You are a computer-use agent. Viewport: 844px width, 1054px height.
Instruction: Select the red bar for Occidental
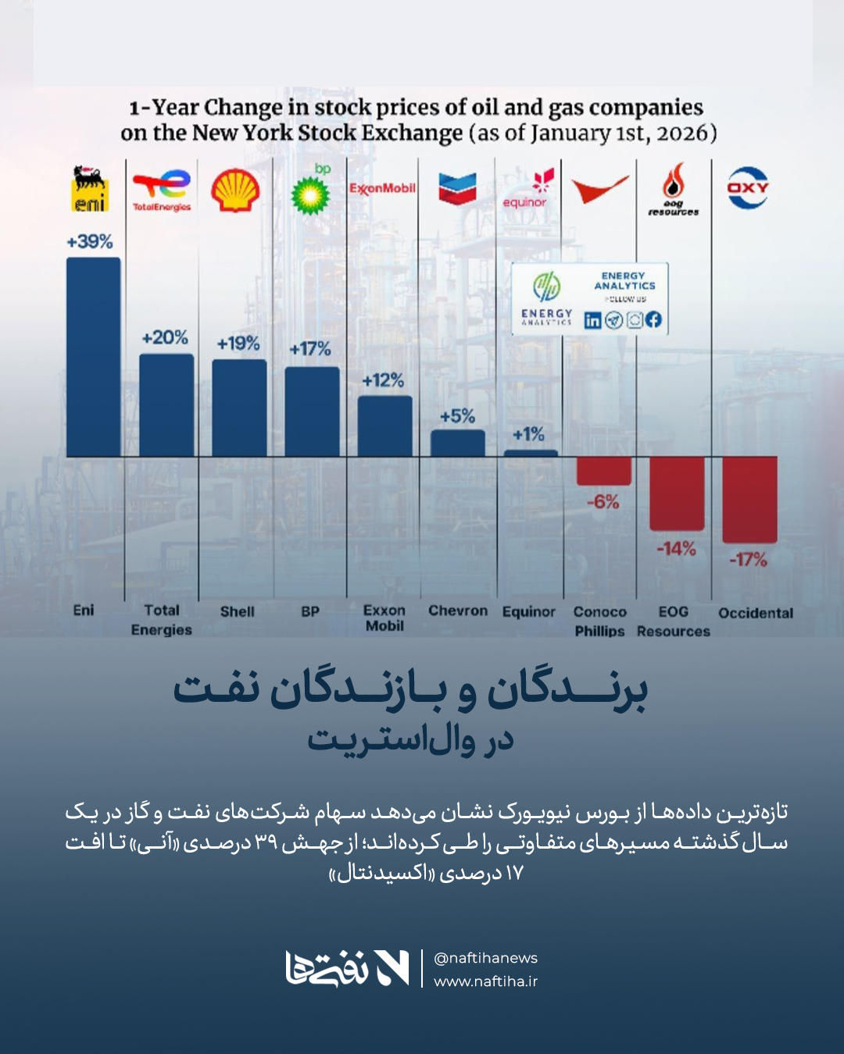(x=749, y=500)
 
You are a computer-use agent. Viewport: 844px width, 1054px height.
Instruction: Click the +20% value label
(x=165, y=338)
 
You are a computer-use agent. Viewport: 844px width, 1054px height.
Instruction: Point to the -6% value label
(x=603, y=502)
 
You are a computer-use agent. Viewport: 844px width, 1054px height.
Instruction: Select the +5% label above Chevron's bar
(x=457, y=416)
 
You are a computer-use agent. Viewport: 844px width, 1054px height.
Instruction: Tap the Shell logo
(x=235, y=191)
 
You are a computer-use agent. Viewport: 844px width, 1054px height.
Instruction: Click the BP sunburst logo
(x=310, y=194)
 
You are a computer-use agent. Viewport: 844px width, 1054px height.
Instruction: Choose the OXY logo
(x=748, y=187)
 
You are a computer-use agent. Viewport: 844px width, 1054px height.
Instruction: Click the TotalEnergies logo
(x=162, y=190)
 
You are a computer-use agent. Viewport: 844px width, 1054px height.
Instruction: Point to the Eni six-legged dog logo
(x=90, y=188)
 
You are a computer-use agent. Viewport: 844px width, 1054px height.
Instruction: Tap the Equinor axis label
(x=528, y=612)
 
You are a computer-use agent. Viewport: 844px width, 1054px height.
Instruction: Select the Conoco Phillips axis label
(x=599, y=621)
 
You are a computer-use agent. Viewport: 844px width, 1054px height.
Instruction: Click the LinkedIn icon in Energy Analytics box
(x=593, y=320)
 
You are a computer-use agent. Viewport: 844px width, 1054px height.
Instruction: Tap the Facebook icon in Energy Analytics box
(x=654, y=319)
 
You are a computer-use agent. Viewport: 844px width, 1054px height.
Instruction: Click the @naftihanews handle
(x=485, y=958)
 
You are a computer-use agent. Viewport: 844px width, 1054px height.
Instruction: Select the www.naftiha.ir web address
(x=485, y=981)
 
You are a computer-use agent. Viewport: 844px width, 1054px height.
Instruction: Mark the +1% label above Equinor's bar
(x=528, y=434)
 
